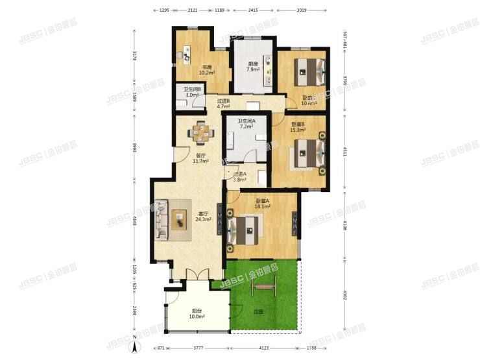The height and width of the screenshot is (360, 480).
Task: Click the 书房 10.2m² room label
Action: [206, 70]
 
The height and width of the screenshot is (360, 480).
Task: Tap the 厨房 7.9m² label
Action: [254, 67]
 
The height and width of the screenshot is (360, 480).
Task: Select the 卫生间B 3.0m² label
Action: [191, 92]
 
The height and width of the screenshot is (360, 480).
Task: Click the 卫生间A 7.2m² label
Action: [246, 123]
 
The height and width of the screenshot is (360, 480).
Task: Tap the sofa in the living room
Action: [161, 221]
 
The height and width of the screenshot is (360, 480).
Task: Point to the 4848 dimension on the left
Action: [134, 216]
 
